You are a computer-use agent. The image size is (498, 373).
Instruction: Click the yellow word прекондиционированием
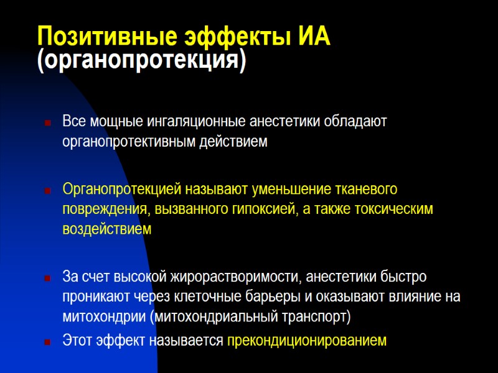click(x=307, y=341)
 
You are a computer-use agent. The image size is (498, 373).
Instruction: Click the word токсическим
click(x=396, y=208)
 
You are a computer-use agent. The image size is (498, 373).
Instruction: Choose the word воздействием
click(x=106, y=229)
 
